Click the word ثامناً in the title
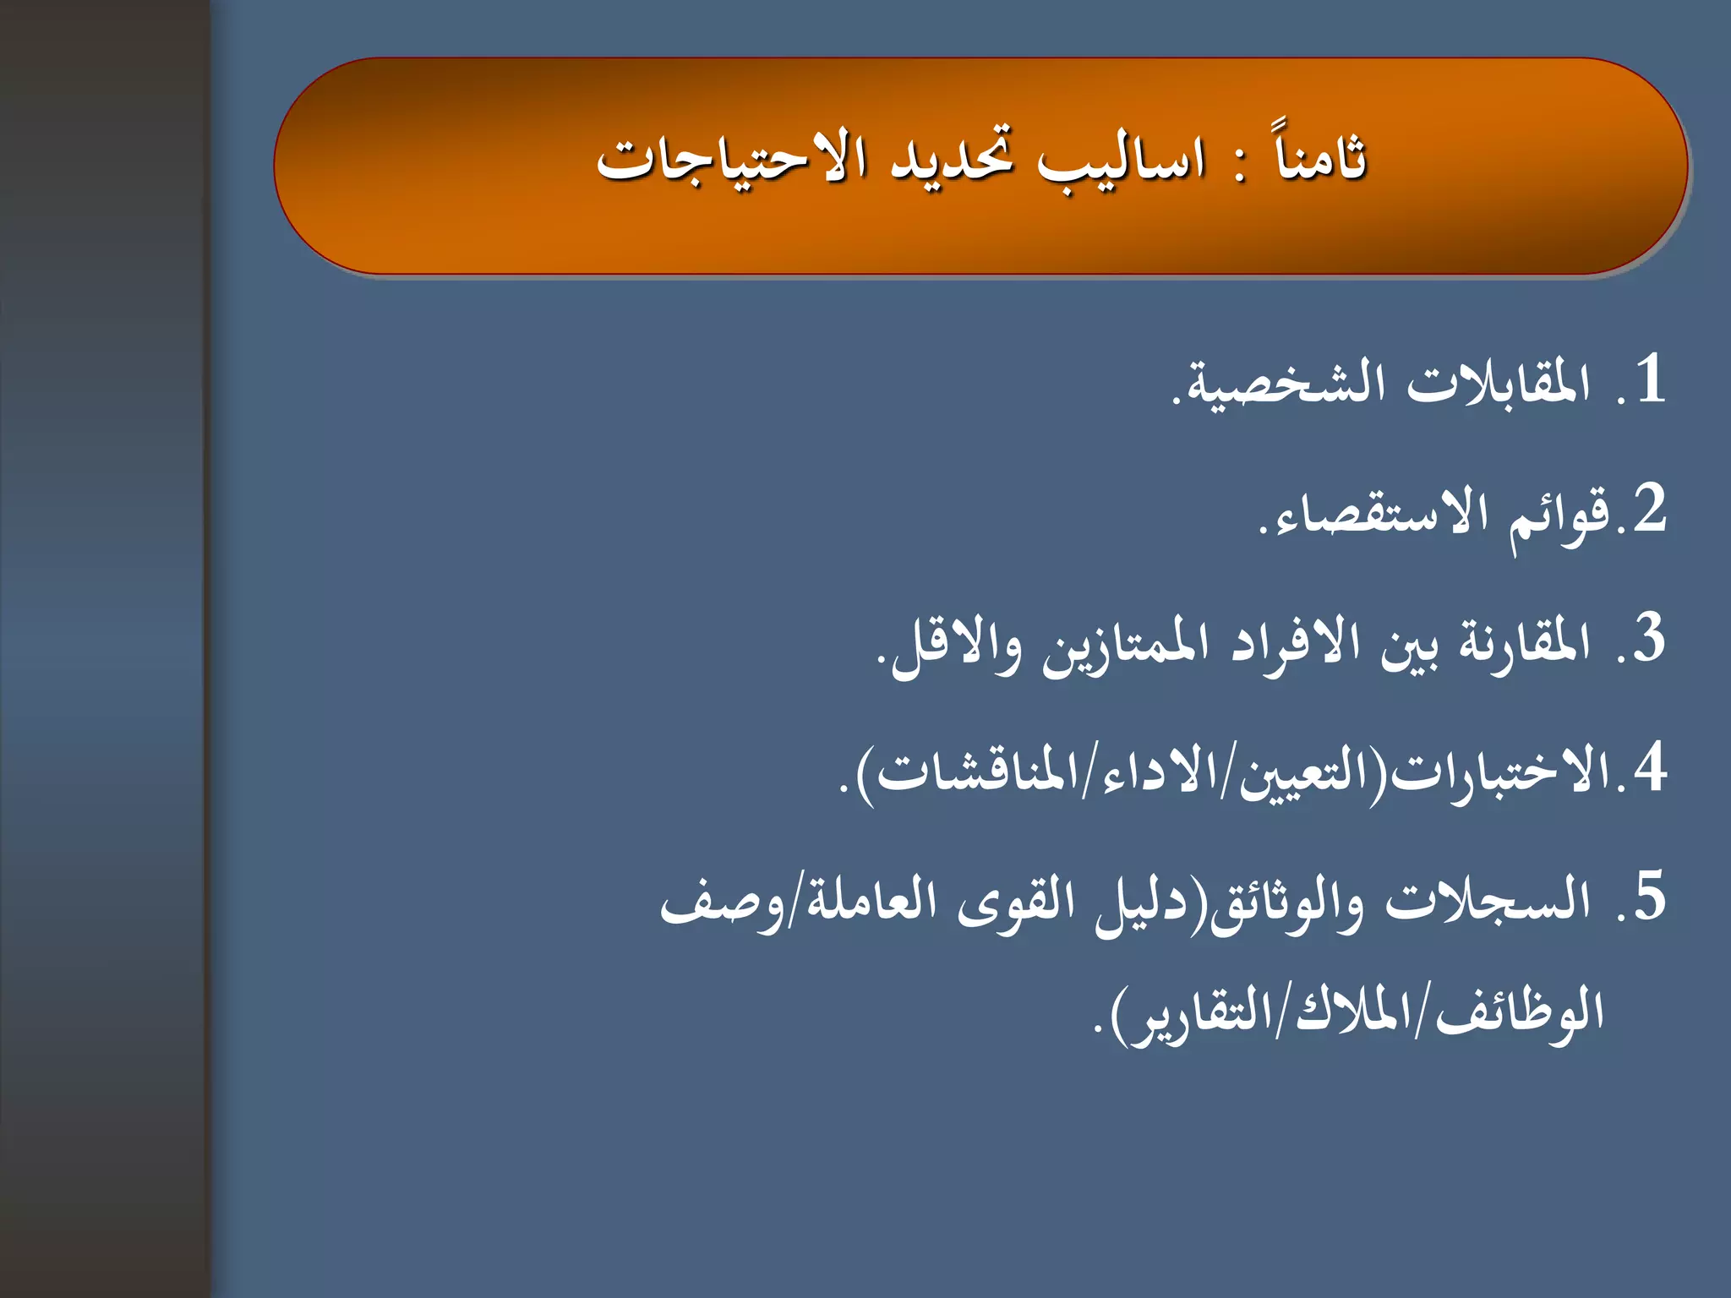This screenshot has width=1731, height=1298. click(1321, 157)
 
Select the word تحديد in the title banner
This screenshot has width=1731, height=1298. click(952, 157)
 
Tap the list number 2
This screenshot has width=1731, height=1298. click(1649, 509)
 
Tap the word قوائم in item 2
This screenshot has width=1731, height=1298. click(1560, 515)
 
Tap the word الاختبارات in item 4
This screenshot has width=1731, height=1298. click(1501, 773)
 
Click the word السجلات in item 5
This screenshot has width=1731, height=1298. click(1488, 901)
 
